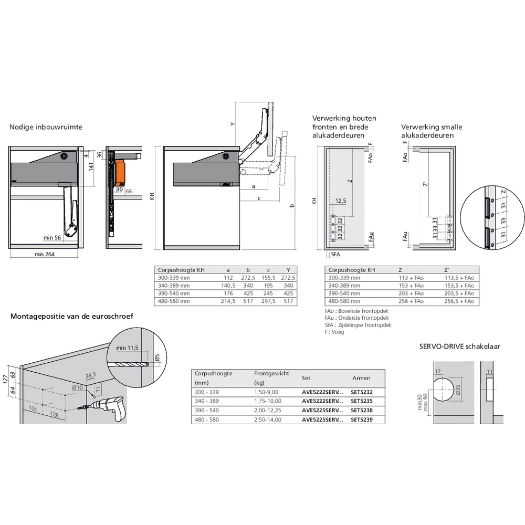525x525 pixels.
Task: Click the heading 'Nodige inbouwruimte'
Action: [x=46, y=127]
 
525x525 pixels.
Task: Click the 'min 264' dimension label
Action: [x=44, y=254]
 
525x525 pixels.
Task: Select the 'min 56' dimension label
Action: [x=52, y=238]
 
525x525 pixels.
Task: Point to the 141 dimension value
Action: [x=90, y=167]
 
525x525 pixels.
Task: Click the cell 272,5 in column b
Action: [x=248, y=278]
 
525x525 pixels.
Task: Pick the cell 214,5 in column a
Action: [x=228, y=301]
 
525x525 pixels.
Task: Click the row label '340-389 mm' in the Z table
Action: [x=344, y=286]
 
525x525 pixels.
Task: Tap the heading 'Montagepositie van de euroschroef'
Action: [x=72, y=316]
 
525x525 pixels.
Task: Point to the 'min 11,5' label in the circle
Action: [x=127, y=348]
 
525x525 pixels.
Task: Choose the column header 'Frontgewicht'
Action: [x=271, y=373]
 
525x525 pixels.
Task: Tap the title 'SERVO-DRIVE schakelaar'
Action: [x=459, y=346]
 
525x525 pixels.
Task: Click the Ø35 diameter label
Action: [x=458, y=390]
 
